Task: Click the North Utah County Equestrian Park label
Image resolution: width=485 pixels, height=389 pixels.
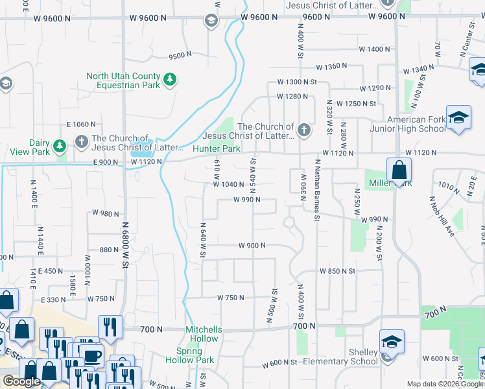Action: pyautogui.click(x=123, y=80)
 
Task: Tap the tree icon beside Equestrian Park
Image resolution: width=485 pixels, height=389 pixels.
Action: pyautogui.click(x=170, y=80)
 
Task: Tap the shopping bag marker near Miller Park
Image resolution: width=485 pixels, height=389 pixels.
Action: pyautogui.click(x=399, y=171)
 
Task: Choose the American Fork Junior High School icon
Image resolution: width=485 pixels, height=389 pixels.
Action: pyautogui.click(x=458, y=117)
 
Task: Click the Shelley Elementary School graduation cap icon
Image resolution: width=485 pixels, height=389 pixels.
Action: pyautogui.click(x=392, y=341)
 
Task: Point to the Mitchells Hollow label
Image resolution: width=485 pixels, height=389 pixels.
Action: pyautogui.click(x=203, y=334)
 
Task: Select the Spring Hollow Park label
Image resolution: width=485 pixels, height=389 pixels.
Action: pyautogui.click(x=189, y=355)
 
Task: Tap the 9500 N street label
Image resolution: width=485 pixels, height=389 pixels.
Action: pyautogui.click(x=180, y=56)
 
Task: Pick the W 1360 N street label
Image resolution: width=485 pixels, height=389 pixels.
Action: pyautogui.click(x=331, y=67)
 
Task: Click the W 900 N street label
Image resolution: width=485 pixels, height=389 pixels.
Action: pyautogui.click(x=252, y=246)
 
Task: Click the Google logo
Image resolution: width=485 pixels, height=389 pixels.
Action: pyautogui.click(x=21, y=381)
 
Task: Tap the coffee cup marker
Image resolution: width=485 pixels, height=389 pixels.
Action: pyautogui.click(x=93, y=355)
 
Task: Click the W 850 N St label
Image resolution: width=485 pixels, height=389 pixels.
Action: pyautogui.click(x=337, y=270)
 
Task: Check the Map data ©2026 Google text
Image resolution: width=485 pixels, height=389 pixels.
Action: pyautogui.click(x=444, y=384)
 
